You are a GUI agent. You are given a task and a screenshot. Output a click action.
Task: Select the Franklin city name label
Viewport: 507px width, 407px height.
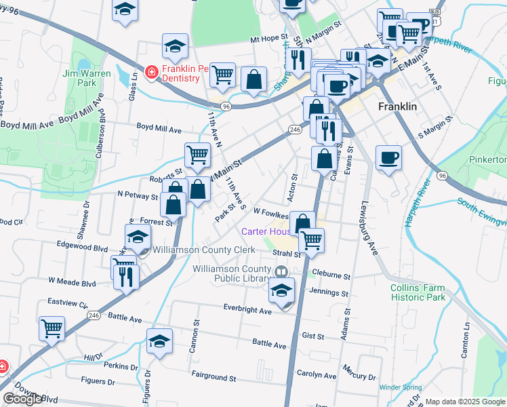point(397,107)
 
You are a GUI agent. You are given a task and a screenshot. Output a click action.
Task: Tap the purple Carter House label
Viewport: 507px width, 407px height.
point(266,231)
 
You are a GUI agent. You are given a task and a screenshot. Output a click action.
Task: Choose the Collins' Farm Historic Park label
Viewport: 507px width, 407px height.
point(418,292)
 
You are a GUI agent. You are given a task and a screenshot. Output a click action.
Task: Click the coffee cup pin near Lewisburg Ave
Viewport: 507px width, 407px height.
point(388,158)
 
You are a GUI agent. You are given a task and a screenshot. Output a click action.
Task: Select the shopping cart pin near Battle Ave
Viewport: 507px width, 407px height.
point(52,328)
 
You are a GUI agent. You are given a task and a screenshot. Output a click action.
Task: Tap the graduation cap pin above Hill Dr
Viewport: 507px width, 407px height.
point(159,341)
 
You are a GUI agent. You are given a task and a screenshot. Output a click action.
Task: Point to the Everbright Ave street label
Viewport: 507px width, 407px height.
point(248,309)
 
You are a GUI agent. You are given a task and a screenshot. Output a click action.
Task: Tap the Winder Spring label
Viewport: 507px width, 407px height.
point(399,387)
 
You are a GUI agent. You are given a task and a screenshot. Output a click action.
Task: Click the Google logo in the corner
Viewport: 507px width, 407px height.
point(22,399)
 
